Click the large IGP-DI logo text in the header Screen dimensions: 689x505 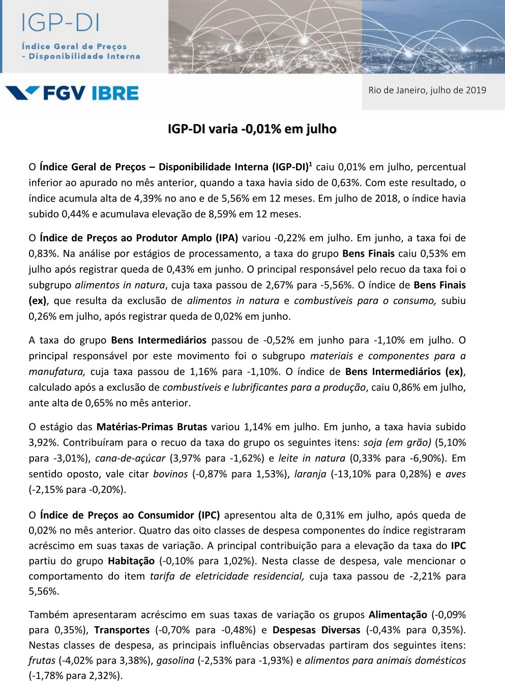tap(61, 23)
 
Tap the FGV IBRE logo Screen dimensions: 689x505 tap(72, 93)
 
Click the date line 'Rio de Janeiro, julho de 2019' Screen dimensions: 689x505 tap(427, 90)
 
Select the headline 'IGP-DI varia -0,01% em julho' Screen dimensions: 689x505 tap(252, 129)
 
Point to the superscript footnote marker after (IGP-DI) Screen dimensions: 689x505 tap(311, 164)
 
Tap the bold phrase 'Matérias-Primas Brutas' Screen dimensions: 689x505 tap(152, 427)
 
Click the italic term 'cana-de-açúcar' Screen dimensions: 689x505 tap(130, 458)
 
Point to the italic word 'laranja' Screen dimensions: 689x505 tap(310, 474)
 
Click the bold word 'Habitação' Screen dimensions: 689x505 tap(131, 561)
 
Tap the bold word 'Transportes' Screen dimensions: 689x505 tap(122, 630)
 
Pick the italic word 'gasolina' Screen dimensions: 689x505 tap(175, 661)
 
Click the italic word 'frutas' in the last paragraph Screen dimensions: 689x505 tap(42, 661)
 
